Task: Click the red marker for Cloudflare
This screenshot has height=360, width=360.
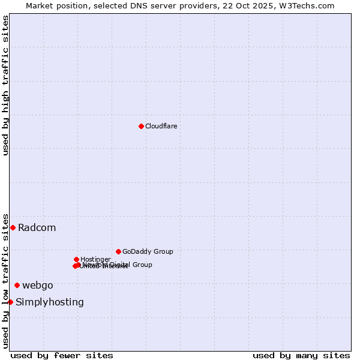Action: (x=141, y=126)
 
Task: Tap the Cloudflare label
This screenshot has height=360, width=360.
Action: (x=161, y=126)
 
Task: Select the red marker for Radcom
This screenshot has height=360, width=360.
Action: (x=13, y=227)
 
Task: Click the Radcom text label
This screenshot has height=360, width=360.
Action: (x=37, y=228)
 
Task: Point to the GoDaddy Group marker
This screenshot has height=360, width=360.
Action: (x=118, y=251)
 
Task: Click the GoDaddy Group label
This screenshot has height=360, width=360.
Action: (x=148, y=251)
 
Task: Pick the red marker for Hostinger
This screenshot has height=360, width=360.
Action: (x=76, y=259)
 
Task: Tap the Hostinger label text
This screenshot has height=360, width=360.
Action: (x=95, y=259)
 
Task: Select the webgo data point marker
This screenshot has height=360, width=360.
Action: (x=17, y=285)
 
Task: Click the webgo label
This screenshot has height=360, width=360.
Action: (x=37, y=286)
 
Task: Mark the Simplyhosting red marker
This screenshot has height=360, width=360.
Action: (x=10, y=302)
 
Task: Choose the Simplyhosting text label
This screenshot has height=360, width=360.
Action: (x=50, y=302)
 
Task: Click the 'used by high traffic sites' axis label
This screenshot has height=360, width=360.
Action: (x=5, y=85)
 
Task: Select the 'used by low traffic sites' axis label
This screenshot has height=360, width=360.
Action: (x=5, y=280)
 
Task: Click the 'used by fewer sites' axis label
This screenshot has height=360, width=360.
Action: (x=62, y=355)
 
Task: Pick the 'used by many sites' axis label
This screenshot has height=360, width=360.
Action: (x=301, y=355)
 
